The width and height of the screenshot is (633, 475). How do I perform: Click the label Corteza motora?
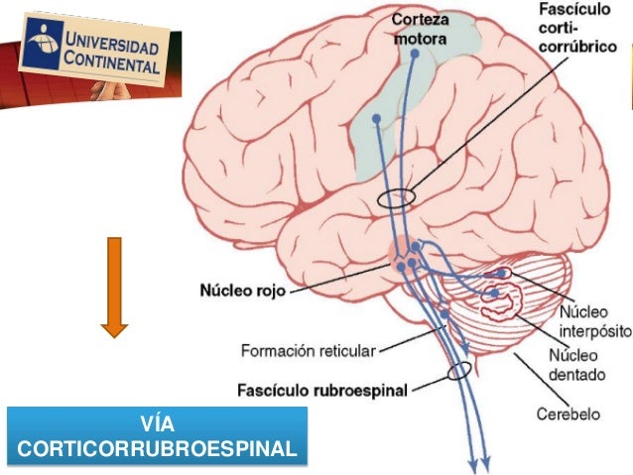pos(420,29)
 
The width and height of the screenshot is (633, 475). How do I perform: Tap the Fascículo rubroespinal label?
pos(323,390)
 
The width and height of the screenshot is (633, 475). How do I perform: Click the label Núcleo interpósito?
pos(590,319)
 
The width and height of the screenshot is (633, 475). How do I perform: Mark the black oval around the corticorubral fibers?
pos(397,197)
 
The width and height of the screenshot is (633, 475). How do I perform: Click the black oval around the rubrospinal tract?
pos(459,372)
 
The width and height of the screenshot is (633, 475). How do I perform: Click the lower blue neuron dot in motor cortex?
pos(377,121)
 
